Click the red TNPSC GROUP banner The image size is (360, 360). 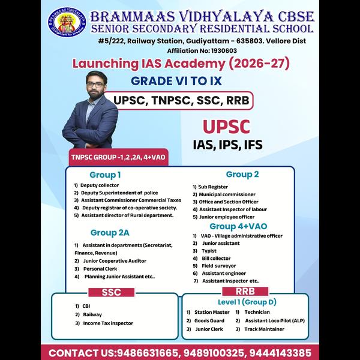click(119, 157)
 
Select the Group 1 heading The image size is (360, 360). click(106, 175)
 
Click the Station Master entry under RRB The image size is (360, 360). click(212, 312)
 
